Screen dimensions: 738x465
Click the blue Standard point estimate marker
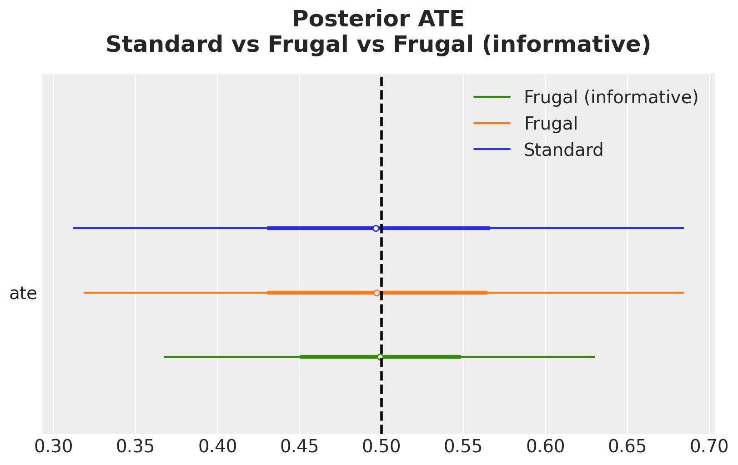click(376, 228)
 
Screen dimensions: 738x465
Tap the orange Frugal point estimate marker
click(377, 293)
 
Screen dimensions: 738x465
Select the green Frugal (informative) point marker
click(380, 357)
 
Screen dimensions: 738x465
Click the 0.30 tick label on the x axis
click(53, 447)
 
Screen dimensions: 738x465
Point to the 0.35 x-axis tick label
click(136, 447)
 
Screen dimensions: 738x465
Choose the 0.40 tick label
click(217, 447)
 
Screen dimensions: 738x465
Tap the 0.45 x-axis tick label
click(300, 447)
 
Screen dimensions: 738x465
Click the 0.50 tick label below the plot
click(381, 447)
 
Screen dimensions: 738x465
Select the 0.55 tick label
click(463, 447)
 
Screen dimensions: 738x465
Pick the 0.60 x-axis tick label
click(545, 447)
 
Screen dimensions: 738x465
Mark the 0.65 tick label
click(628, 447)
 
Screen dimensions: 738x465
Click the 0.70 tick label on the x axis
click(709, 447)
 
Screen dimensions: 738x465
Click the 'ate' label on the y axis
click(23, 294)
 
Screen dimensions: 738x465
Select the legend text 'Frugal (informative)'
click(611, 97)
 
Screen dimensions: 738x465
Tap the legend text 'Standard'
click(563, 150)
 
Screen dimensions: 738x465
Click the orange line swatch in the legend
click(492, 123)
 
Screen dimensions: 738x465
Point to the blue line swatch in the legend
click(492, 149)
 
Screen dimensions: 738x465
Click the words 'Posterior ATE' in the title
click(378, 19)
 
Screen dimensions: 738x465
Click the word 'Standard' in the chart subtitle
click(164, 45)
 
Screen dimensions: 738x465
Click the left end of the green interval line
click(164, 357)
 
